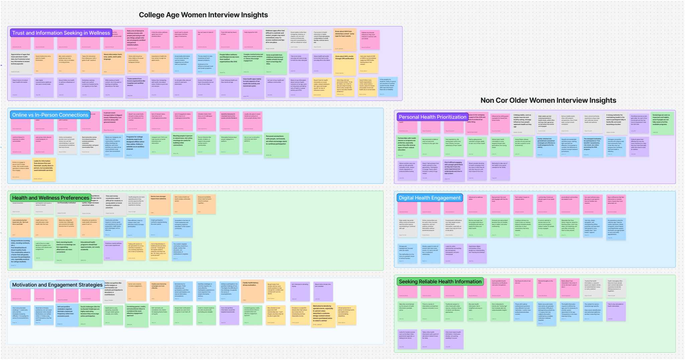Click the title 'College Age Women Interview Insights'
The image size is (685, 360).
coord(203,15)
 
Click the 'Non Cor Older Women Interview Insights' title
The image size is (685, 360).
coord(548,100)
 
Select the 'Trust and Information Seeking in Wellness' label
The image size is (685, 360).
coord(61,33)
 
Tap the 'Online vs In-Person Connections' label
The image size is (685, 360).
coord(50,115)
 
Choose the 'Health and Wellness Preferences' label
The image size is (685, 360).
coord(51,198)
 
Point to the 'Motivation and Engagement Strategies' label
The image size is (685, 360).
coord(57,285)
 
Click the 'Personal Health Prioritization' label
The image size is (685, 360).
coord(432,117)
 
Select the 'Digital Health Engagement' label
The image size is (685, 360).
coord(429,198)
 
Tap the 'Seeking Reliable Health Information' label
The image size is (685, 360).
coord(440,281)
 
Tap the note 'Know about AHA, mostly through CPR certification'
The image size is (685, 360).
coord(345,64)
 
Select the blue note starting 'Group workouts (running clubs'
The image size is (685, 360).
coord(21,253)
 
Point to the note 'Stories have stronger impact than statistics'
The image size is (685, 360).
coord(160,204)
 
